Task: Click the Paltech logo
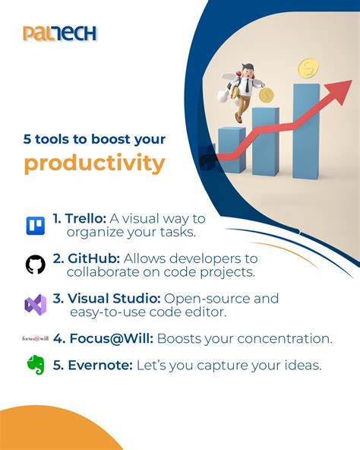tap(59, 33)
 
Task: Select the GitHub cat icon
tap(35, 265)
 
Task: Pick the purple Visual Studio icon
tap(35, 305)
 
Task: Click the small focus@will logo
tap(35, 338)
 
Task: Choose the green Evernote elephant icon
tap(36, 366)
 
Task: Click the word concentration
tap(280, 338)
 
